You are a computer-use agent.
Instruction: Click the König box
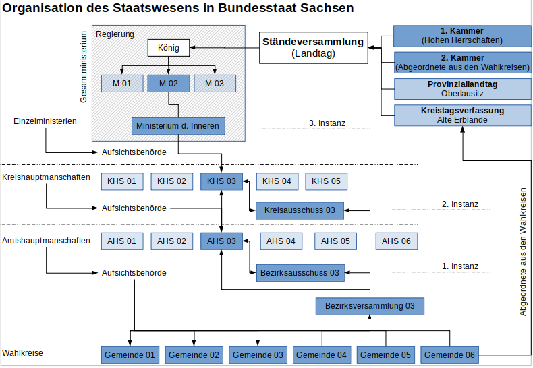coord(168,48)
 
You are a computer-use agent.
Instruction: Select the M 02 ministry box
coord(168,84)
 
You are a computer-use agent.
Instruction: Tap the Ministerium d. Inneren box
coord(178,126)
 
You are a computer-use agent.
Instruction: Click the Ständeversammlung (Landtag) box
coord(314,48)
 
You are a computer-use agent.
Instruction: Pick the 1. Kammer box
coord(462,36)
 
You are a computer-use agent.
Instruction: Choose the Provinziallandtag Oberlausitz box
coord(462,89)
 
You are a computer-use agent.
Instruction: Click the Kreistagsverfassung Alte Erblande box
coord(462,115)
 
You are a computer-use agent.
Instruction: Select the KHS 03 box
coord(221,181)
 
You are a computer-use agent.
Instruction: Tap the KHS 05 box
coord(327,181)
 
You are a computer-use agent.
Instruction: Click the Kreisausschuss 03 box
coord(300,210)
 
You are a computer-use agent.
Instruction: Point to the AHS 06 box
coord(396,241)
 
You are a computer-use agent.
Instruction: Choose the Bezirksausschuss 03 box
coord(300,273)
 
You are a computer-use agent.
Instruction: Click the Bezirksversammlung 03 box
coord(370,306)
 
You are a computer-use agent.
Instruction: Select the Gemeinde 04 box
coord(322,355)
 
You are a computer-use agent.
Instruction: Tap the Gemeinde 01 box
coord(130,355)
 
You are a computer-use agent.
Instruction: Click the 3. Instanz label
coord(327,123)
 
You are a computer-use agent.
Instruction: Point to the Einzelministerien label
coord(45,121)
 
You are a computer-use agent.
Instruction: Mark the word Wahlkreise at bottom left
coord(22,353)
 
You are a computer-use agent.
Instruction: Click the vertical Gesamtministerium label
coord(84,67)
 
